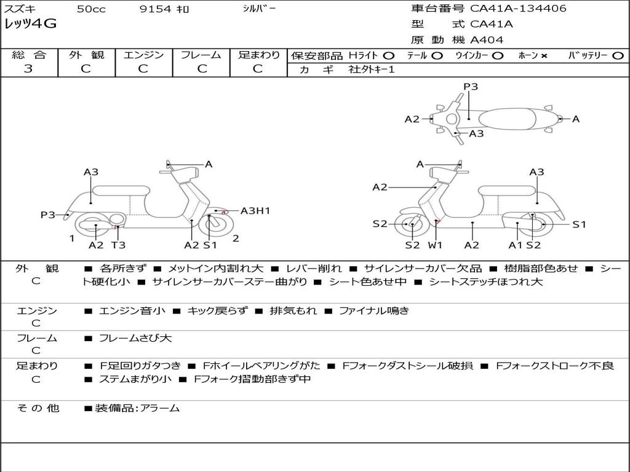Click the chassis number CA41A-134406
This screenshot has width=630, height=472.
point(518,9)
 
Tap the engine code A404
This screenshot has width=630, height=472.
point(487,40)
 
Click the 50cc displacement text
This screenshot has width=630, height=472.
point(90,9)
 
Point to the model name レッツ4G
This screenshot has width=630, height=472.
point(31,24)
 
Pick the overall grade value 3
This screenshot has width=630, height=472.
point(28,69)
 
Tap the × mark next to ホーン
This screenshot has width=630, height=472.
point(544,56)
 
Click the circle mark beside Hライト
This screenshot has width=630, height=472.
point(389,56)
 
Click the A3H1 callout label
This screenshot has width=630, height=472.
point(255,211)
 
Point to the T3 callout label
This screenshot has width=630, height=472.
point(118,245)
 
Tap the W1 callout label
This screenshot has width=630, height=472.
point(436,245)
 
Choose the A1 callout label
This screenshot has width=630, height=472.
point(515,245)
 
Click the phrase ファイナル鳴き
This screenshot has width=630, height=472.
point(374,311)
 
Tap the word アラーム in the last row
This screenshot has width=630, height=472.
point(160,408)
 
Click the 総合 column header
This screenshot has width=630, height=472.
point(29,55)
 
